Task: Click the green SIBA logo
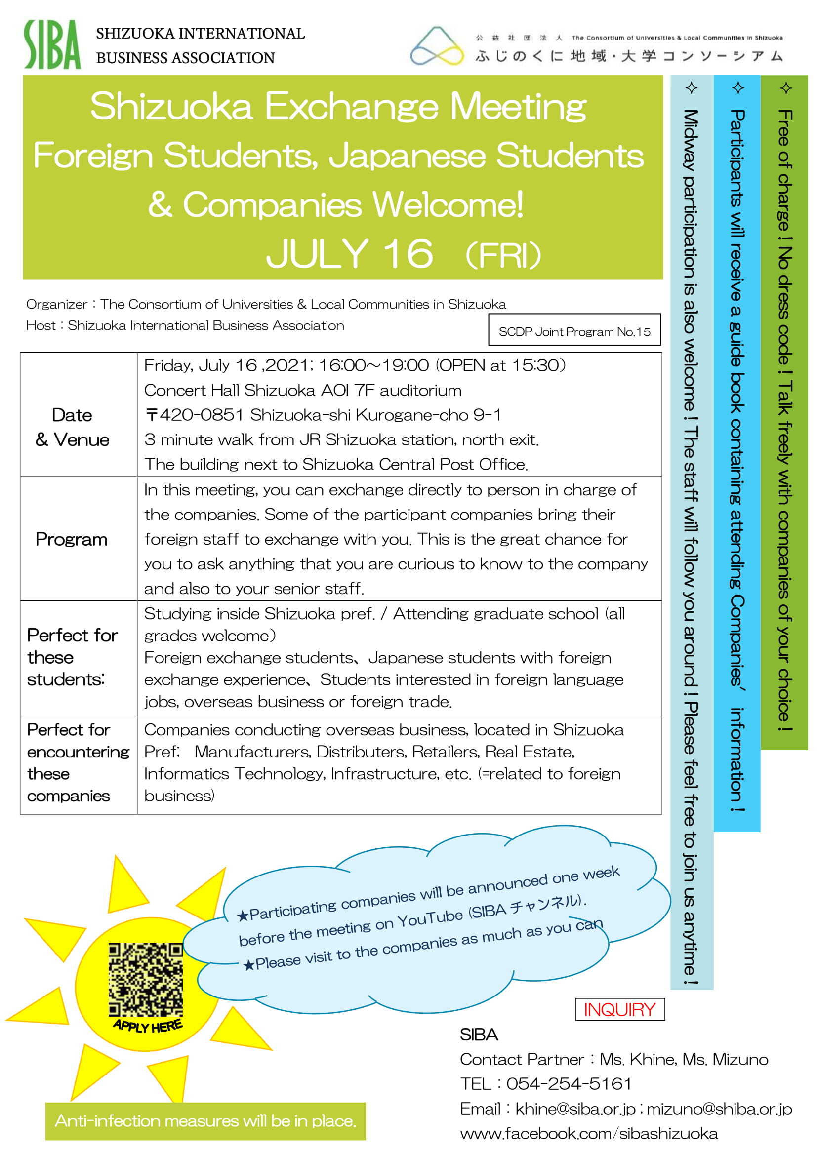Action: click(52, 44)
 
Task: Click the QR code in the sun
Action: click(145, 979)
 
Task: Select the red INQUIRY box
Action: click(619, 1009)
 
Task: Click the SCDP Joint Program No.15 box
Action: click(574, 331)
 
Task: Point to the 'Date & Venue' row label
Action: click(73, 427)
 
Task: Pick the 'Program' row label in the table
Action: click(72, 539)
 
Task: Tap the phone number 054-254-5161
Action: click(569, 1083)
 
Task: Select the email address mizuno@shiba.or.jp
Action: click(719, 1108)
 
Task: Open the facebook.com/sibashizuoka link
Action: click(589, 1133)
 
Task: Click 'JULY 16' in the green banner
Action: click(349, 253)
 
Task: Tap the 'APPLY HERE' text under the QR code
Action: click(147, 1025)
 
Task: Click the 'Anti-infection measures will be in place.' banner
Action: click(205, 1121)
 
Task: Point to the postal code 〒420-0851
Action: click(194, 414)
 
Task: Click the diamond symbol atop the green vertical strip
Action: click(786, 88)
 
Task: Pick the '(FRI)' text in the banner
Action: click(503, 255)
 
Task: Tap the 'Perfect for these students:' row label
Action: click(72, 657)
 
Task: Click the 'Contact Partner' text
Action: click(522, 1059)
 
